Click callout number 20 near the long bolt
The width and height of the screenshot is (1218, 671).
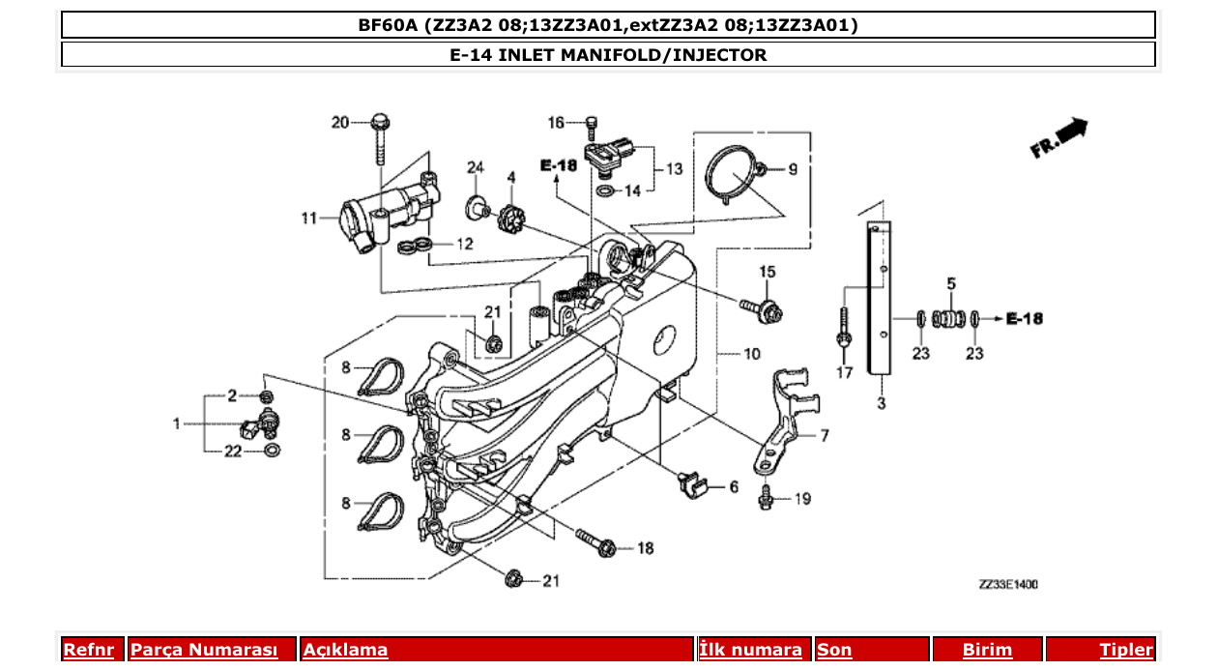(339, 122)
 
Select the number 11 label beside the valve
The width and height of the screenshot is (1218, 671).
(308, 219)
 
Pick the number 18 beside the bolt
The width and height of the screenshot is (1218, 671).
(645, 548)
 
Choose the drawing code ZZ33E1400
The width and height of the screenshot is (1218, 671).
(1009, 584)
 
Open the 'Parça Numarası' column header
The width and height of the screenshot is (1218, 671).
(204, 651)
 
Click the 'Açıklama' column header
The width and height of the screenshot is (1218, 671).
(345, 651)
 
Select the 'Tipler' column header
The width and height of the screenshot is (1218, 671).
(1126, 651)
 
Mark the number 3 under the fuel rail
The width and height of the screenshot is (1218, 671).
(881, 403)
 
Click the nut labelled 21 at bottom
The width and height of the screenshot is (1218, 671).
(515, 578)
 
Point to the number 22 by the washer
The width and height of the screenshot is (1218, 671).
(233, 451)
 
